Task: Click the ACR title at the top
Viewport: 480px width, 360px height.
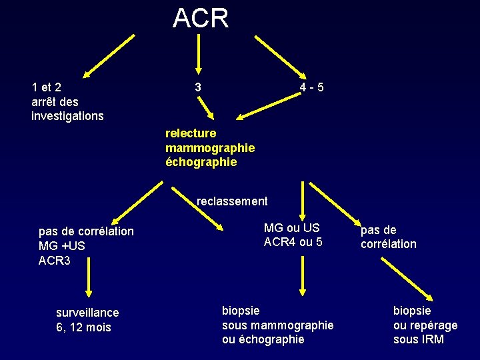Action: click(200, 18)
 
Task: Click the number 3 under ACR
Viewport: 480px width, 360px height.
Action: click(197, 87)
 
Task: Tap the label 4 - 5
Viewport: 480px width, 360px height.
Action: click(312, 87)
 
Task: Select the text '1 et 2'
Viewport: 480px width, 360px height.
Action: click(46, 87)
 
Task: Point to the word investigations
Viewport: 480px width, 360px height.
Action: click(67, 116)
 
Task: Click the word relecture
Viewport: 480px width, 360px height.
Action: click(191, 133)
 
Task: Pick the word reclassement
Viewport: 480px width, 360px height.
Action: click(232, 201)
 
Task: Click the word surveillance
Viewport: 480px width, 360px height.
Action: click(87, 313)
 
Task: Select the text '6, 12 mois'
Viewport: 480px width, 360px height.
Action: click(83, 327)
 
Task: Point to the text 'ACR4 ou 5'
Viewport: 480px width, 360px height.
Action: click(293, 242)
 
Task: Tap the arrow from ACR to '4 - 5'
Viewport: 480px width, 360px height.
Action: click(279, 57)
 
